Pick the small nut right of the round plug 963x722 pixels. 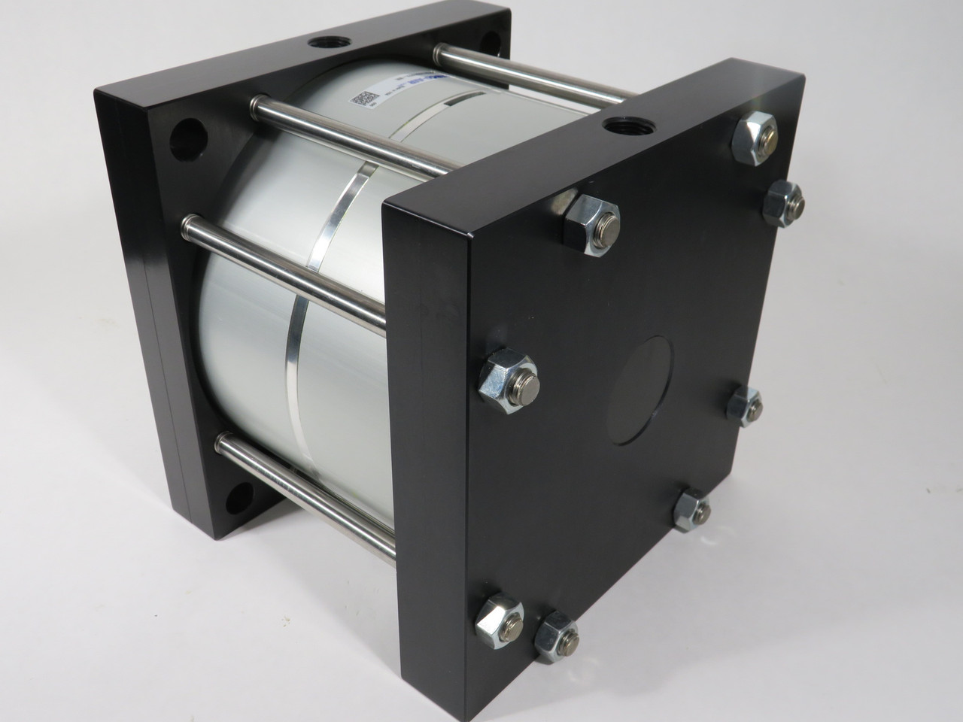tap(747, 406)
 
